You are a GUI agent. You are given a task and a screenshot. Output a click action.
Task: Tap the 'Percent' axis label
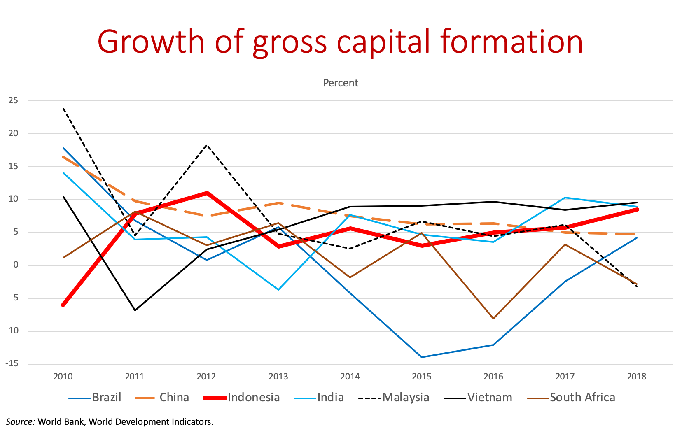(341, 83)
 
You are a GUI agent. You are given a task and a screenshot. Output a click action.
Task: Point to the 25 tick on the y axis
(13, 100)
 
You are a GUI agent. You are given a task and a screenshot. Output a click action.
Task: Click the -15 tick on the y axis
(12, 364)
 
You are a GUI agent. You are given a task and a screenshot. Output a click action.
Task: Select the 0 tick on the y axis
(16, 265)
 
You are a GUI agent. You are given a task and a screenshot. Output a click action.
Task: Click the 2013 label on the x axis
(278, 377)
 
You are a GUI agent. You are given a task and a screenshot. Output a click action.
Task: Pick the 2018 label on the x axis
(636, 377)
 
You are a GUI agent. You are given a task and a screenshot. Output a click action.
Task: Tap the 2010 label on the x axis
(63, 377)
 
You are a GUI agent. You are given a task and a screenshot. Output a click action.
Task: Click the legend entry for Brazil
(106, 398)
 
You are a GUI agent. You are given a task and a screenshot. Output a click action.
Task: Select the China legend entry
(174, 398)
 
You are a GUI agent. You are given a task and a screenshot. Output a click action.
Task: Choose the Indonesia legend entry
(253, 398)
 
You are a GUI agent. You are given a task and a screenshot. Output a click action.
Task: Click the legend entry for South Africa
(582, 398)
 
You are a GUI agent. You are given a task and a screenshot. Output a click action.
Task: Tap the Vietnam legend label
(490, 398)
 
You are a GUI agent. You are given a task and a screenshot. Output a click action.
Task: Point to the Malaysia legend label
(406, 398)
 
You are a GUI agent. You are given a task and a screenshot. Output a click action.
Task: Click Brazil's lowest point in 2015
(422, 357)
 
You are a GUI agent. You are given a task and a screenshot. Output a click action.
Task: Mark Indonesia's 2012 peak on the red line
(207, 193)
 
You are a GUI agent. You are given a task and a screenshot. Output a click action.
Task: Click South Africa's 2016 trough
(493, 319)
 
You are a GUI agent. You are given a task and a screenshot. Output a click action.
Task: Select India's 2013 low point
(278, 290)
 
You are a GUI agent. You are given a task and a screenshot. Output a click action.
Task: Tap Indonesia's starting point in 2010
(63, 305)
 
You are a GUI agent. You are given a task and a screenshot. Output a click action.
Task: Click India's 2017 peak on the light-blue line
(565, 198)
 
